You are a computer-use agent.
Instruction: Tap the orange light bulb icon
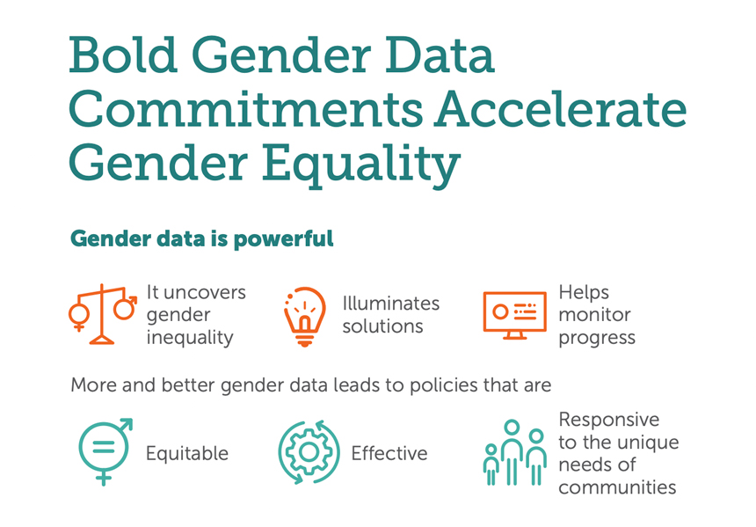click(304, 316)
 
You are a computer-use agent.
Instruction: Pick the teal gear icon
click(309, 452)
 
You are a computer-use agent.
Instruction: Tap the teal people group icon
click(514, 452)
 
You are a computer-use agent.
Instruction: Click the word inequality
click(189, 337)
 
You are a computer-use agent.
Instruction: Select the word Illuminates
click(390, 304)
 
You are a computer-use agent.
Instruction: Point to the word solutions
click(382, 326)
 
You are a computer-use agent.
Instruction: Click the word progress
click(597, 338)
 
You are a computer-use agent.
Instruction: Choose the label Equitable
click(186, 454)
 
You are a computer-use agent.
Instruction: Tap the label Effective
click(389, 454)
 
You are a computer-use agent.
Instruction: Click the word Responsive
click(609, 420)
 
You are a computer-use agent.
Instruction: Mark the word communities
click(617, 487)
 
